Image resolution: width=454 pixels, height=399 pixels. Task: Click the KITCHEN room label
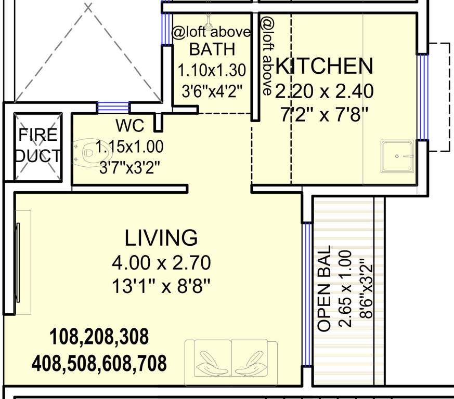(x=325, y=66)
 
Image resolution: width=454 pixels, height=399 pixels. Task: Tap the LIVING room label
(x=161, y=237)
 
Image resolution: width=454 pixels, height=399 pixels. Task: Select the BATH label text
(x=212, y=50)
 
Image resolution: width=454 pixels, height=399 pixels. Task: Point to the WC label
(x=130, y=126)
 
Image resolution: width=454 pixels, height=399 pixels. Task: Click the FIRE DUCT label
(x=38, y=145)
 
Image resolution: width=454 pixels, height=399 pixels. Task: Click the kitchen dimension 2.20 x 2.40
(x=325, y=91)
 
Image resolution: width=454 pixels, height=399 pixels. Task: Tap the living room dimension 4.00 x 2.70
(x=161, y=263)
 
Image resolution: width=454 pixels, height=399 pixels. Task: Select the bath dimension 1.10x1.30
(x=212, y=70)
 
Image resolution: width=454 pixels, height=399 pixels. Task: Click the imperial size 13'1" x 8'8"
(x=161, y=286)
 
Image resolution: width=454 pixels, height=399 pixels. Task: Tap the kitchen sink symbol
(x=398, y=156)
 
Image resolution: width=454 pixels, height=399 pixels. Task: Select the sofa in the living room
(x=231, y=358)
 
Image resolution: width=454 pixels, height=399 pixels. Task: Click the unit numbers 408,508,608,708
(x=99, y=363)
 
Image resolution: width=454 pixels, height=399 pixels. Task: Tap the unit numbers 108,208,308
(x=99, y=337)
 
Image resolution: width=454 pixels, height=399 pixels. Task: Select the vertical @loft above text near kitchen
(x=267, y=56)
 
